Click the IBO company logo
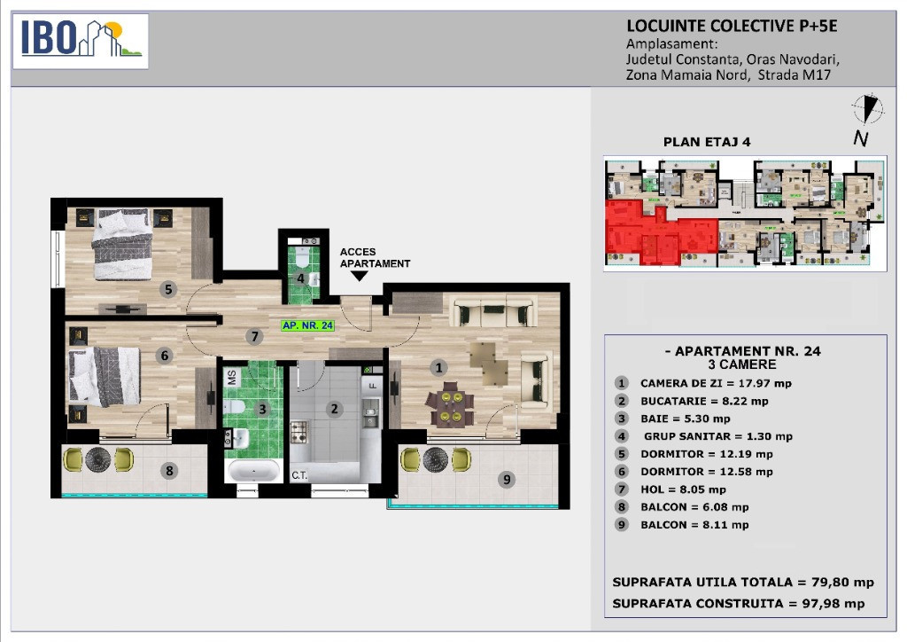pyautogui.click(x=81, y=41)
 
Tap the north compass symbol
pyautogui.click(x=867, y=109)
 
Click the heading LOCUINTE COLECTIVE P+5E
pyautogui.click(x=732, y=26)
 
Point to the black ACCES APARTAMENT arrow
pyautogui.click(x=360, y=276)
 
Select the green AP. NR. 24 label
pyautogui.click(x=307, y=325)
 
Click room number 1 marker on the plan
pyautogui.click(x=438, y=367)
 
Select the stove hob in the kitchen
pyautogui.click(x=299, y=432)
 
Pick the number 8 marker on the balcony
pyautogui.click(x=169, y=471)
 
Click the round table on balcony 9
pyautogui.click(x=436, y=459)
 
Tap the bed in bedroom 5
pyautogui.click(x=122, y=243)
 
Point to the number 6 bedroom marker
pyautogui.click(x=164, y=356)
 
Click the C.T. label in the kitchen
pyautogui.click(x=299, y=475)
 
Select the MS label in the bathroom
pyautogui.click(x=232, y=378)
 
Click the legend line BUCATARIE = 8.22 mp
pyautogui.click(x=704, y=401)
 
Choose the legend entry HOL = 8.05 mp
pyautogui.click(x=683, y=489)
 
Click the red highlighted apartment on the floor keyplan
pyautogui.click(x=661, y=232)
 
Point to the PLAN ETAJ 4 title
pyautogui.click(x=706, y=142)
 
